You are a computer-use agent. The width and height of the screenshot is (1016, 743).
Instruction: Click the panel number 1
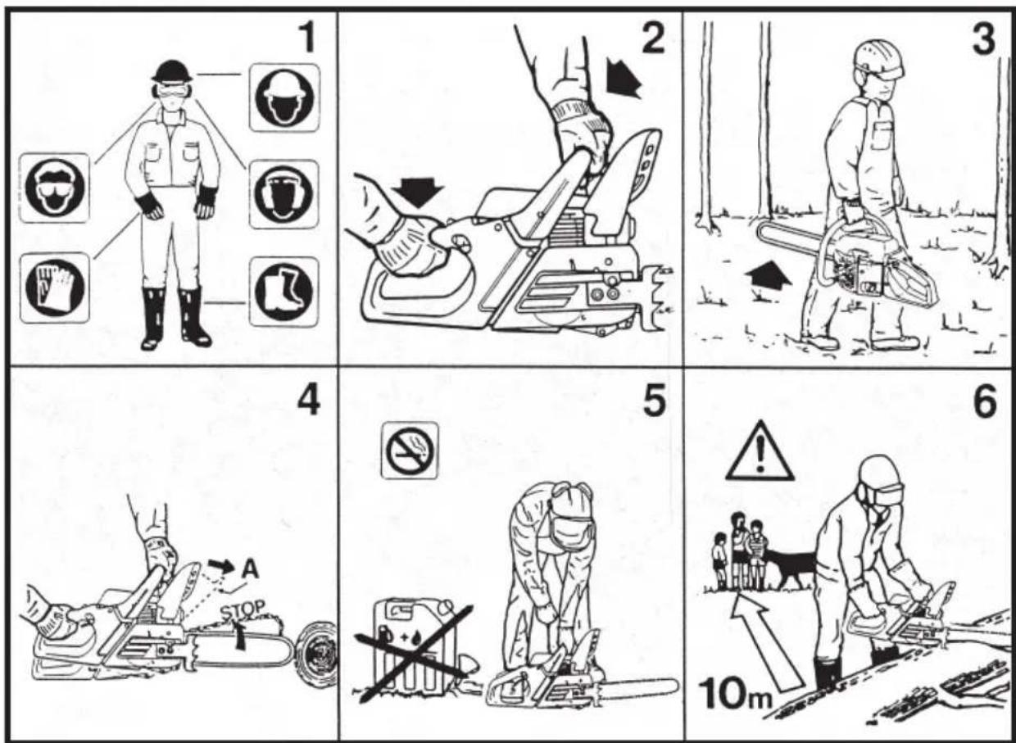point(307,38)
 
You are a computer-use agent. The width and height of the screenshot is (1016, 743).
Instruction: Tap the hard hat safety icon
point(284,97)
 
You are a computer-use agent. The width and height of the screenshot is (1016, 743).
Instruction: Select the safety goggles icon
point(55,188)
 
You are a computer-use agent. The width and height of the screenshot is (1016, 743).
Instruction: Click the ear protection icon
point(284,193)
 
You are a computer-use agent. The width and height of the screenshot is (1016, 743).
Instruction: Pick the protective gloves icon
point(55,288)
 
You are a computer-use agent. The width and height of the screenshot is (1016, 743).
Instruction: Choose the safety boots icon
point(284,291)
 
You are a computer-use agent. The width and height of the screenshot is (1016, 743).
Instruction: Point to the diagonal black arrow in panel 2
point(623,79)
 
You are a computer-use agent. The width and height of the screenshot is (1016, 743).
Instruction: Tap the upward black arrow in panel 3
point(769,278)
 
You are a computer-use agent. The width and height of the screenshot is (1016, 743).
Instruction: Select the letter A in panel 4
point(249,569)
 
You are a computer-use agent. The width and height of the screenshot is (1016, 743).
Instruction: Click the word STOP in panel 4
point(243,609)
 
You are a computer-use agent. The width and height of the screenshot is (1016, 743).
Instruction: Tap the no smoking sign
point(410,451)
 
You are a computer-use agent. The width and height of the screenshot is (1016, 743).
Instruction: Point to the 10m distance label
point(735,695)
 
